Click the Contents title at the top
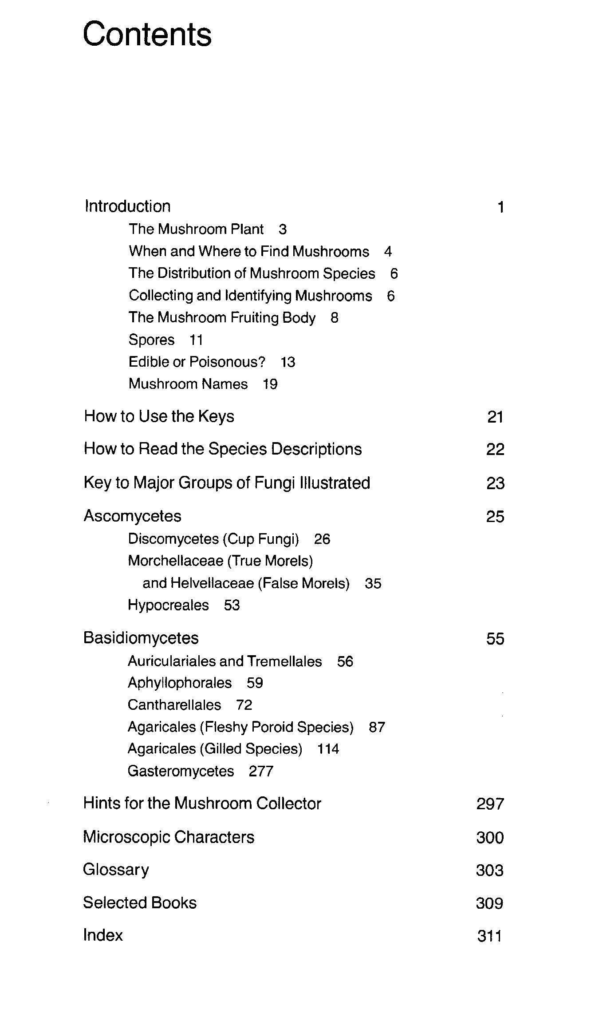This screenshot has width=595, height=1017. pos(147,34)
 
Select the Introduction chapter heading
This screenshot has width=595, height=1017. pos(127,206)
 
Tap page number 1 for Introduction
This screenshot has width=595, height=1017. pos(500,207)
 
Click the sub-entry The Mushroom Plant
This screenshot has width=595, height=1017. pos(196,229)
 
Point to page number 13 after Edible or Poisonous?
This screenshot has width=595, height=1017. pos(288,362)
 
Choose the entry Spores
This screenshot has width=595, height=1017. pos(151,340)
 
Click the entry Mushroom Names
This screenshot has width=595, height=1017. pos(188,384)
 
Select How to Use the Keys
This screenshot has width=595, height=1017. pos(159,416)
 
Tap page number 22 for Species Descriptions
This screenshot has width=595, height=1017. pos(495,450)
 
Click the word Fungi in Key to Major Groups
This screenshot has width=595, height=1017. pos(275,483)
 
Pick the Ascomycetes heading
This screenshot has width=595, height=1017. pos(132,516)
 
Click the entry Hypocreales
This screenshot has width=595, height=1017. pos(168,605)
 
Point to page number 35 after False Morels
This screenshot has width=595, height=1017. pos(373,583)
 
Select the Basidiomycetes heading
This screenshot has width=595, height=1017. pos(141,638)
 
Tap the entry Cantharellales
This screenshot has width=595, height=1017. pos(174,705)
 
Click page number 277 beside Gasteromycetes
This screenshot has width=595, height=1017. pos(261,771)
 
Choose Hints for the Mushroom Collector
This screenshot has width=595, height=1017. pos(202,803)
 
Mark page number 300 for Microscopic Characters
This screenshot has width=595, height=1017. pos(490,838)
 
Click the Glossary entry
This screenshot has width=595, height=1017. pos(116,870)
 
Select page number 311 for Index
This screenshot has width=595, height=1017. pos(490,936)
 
